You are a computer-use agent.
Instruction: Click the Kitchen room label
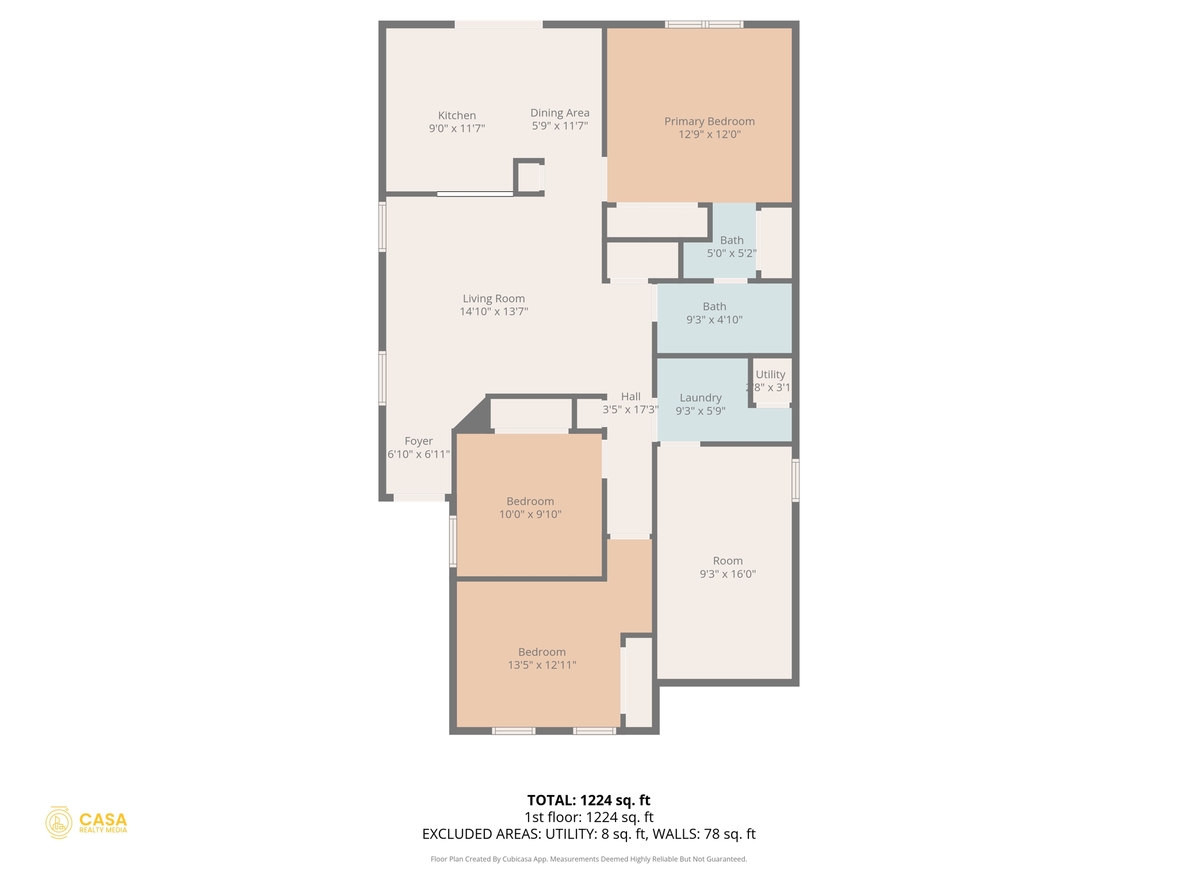pyautogui.click(x=457, y=116)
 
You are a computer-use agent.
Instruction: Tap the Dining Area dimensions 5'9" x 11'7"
pyautogui.click(x=560, y=126)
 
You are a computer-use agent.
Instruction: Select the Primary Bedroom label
pyautogui.click(x=709, y=121)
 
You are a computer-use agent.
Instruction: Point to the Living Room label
pyautogui.click(x=494, y=298)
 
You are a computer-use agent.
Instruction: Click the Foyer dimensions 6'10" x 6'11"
pyautogui.click(x=418, y=454)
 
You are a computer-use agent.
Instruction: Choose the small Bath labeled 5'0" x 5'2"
pyautogui.click(x=731, y=247)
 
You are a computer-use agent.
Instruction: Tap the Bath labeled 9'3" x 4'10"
pyautogui.click(x=714, y=313)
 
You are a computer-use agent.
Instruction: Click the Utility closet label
pyautogui.click(x=770, y=374)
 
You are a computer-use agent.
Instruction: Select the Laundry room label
pyautogui.click(x=700, y=398)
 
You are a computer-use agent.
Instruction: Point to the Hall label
pyautogui.click(x=630, y=397)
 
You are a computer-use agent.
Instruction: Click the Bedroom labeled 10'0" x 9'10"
pyautogui.click(x=530, y=508)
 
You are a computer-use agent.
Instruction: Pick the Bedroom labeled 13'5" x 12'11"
pyautogui.click(x=542, y=658)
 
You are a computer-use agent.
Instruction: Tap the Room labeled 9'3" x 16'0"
pyautogui.click(x=728, y=567)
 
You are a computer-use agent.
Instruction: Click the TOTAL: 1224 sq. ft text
pyautogui.click(x=588, y=800)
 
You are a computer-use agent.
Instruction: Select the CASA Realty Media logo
pyautogui.click(x=87, y=823)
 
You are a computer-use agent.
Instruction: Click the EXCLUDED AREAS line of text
pyautogui.click(x=588, y=834)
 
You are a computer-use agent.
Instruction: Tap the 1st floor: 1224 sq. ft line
pyautogui.click(x=588, y=817)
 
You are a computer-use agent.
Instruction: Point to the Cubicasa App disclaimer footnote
pyautogui.click(x=588, y=859)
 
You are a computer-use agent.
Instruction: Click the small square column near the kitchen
pyautogui.click(x=529, y=177)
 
